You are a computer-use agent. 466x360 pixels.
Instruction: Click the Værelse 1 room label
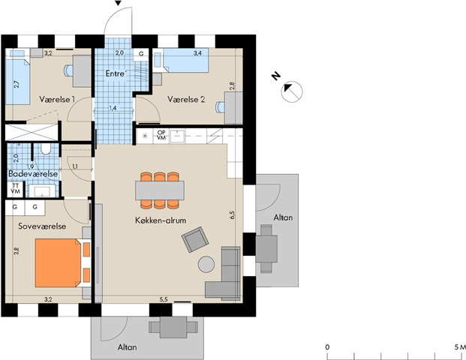click(x=57, y=99)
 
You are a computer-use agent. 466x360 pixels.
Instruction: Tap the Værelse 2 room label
click(x=186, y=99)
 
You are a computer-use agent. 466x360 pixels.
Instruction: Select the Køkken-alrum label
click(x=161, y=220)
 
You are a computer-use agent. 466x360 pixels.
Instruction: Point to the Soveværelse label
click(x=42, y=226)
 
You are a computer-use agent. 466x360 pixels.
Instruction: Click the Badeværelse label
click(x=33, y=173)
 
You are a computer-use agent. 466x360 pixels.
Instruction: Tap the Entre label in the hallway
click(x=115, y=73)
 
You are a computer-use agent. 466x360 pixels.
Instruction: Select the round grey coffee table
click(x=206, y=264)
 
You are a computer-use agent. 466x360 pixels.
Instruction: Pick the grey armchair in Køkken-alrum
click(x=196, y=239)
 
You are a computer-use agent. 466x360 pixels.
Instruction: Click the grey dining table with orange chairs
click(x=160, y=190)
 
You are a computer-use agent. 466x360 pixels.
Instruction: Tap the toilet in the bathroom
click(x=46, y=149)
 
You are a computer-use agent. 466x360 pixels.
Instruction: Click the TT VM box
click(x=15, y=188)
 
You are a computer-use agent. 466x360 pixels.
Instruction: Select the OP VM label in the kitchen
click(x=161, y=135)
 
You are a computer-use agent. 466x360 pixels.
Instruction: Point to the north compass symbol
click(x=292, y=91)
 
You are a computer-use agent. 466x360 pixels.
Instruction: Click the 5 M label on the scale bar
click(x=460, y=347)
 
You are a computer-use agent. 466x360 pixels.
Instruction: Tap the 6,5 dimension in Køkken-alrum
click(x=232, y=214)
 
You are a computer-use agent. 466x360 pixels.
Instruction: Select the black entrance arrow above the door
click(x=119, y=3)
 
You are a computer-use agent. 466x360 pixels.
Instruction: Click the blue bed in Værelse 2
click(x=182, y=60)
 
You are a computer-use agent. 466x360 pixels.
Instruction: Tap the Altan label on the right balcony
click(x=283, y=217)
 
